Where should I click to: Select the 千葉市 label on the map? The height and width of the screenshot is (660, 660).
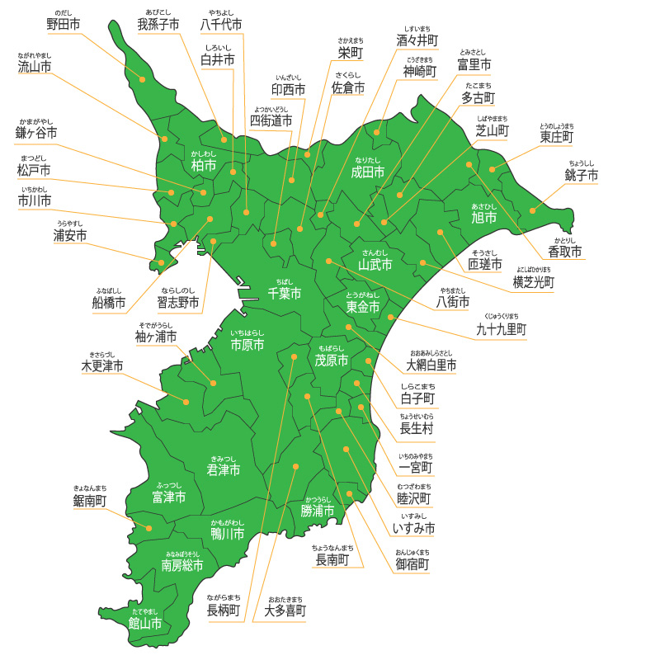pos(284,293)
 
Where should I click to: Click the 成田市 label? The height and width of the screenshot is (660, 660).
pos(368,172)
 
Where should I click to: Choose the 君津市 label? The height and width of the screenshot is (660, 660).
pos(224,469)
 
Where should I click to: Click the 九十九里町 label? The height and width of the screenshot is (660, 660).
pos(502,329)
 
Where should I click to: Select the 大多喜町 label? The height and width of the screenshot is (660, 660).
pos(285,610)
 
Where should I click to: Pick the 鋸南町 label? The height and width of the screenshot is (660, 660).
pos(89,500)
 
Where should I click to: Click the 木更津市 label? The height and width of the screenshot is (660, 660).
pos(102,365)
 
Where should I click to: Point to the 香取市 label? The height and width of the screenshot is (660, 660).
pos(565,251)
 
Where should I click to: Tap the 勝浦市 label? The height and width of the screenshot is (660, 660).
pos(318,511)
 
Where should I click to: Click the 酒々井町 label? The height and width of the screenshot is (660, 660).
pos(417,40)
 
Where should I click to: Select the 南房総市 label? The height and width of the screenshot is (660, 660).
pos(182,565)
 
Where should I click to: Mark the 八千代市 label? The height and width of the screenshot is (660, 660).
pos(222,24)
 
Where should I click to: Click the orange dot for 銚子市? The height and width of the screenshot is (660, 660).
pos(532,210)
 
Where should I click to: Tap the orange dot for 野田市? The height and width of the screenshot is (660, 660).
pos(142,79)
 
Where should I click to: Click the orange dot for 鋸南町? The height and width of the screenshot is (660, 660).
pos(149,528)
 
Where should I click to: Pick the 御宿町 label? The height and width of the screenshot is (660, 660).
pos(412,564)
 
